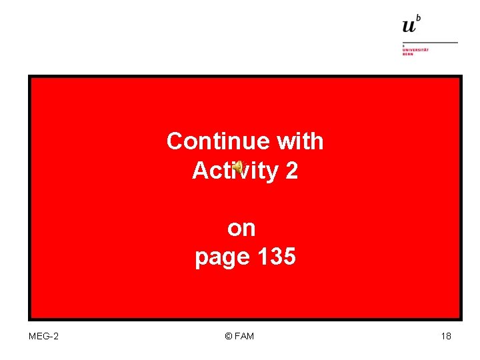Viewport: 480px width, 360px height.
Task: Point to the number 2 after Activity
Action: point(291,171)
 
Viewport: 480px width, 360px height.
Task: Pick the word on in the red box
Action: point(241,229)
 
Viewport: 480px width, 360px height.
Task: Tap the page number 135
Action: point(275,257)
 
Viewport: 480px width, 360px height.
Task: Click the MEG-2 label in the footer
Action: point(43,336)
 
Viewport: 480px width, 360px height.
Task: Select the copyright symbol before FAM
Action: point(229,336)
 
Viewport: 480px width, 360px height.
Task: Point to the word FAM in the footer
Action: point(244,336)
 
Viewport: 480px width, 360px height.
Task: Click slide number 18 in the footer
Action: point(446,336)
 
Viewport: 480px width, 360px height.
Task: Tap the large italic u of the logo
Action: point(409,26)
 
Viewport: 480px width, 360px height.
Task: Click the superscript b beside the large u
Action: point(419,18)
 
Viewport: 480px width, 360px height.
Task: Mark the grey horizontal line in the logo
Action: point(430,43)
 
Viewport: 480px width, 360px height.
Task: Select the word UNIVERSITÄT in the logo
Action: point(415,50)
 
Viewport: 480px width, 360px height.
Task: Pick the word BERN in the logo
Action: point(407,54)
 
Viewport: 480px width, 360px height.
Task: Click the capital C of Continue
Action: point(175,141)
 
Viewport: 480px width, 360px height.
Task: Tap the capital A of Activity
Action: point(201,171)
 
